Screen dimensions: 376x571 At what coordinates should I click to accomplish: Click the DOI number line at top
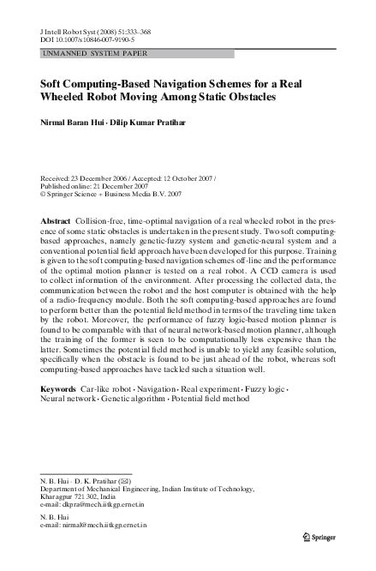click(90, 39)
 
